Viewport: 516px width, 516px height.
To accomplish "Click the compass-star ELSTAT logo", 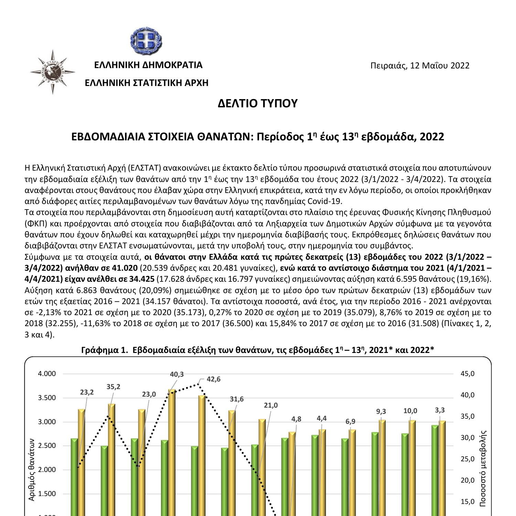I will (x=52, y=72).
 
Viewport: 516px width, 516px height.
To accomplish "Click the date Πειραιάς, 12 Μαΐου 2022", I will (x=420, y=65).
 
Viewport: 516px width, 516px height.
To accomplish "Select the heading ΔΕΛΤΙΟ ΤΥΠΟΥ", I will (x=257, y=103).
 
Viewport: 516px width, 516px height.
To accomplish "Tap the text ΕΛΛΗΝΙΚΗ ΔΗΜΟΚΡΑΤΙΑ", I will (x=148, y=65).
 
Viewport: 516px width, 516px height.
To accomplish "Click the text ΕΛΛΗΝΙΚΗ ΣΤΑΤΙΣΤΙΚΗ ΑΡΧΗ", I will (x=147, y=83).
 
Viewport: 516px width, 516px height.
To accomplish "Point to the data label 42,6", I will (x=214, y=379).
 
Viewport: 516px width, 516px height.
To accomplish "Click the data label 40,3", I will (x=177, y=374).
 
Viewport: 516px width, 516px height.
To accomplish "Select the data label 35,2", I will (x=113, y=387).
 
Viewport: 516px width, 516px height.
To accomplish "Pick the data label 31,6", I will (x=237, y=399).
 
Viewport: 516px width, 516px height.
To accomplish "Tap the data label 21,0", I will (x=271, y=405).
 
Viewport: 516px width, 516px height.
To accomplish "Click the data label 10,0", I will (x=410, y=411).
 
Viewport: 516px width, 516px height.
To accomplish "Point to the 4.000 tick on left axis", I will (x=47, y=374).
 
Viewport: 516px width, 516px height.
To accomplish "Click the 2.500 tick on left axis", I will (x=47, y=446).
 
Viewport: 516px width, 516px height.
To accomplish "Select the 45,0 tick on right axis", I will (x=467, y=374).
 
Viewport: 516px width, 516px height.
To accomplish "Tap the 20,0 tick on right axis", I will (x=467, y=480).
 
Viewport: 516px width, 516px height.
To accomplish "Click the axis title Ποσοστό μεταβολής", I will (x=483, y=468).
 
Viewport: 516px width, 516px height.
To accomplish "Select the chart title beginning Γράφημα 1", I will (x=257, y=350).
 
